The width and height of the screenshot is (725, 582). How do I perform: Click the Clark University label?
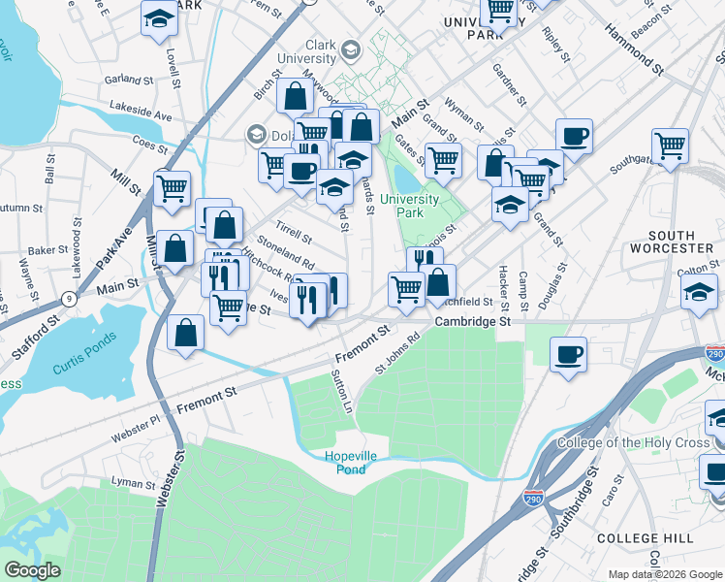307,52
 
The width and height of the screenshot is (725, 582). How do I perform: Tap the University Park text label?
409,206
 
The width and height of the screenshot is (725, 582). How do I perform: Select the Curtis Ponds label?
84,347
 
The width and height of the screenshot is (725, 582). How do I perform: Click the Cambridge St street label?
472,321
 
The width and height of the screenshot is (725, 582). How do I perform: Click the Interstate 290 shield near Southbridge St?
533,498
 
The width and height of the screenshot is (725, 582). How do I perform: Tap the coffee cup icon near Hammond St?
574,136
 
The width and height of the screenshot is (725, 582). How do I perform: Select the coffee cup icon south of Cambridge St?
568,352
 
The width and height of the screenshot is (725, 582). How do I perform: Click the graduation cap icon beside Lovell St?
159,17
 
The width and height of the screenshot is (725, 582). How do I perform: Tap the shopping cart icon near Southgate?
670,145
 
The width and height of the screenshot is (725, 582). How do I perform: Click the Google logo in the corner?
33,570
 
